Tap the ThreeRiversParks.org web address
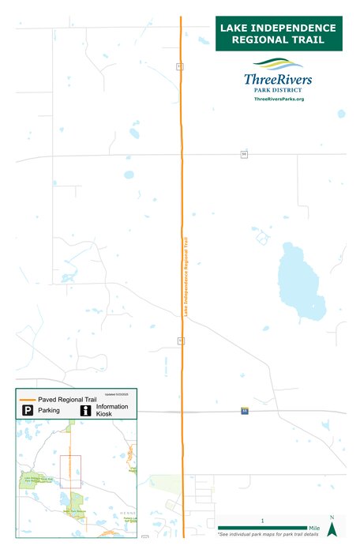click(x=279, y=98)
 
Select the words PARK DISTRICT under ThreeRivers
click(x=278, y=90)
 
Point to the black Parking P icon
click(x=27, y=411)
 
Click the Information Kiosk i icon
click(x=85, y=411)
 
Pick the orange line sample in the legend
click(x=28, y=399)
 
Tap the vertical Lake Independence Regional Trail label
click(x=186, y=277)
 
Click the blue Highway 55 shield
click(x=244, y=411)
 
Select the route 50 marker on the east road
click(x=244, y=153)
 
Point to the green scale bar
click(x=261, y=528)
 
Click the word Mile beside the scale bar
click(x=313, y=528)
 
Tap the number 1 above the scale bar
click(x=262, y=521)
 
